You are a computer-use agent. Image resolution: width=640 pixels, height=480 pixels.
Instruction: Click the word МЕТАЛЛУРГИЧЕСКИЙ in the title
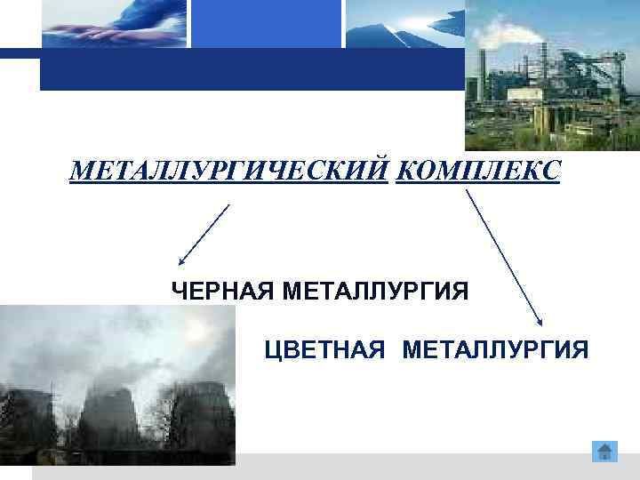pos(229,170)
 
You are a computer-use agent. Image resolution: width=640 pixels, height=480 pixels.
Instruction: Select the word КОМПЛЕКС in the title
pos(478,170)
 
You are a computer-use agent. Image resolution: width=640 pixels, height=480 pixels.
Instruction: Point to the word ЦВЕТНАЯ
pos(325,348)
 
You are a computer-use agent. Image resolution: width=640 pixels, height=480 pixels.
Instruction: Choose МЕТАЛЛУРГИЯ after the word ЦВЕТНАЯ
pos(495,348)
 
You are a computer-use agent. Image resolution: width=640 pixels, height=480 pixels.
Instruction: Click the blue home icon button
pos(604,451)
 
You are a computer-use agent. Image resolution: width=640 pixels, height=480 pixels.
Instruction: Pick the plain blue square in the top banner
pos(267,24)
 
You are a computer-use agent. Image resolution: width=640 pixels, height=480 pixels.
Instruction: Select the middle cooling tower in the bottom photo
pos(108,418)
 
